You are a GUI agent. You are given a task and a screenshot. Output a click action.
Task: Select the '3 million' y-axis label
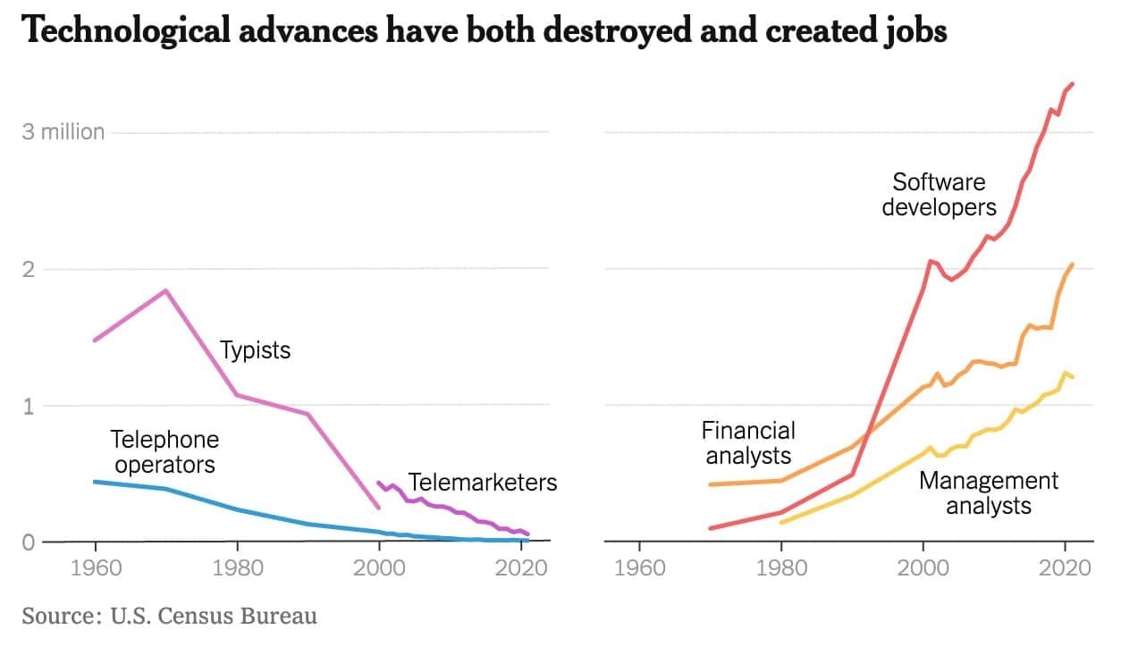click(x=63, y=132)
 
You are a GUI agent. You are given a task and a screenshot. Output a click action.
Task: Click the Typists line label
click(x=256, y=349)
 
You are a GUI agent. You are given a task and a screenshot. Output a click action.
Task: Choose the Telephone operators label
click(x=164, y=452)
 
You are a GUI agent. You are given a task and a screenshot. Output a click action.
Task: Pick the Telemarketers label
click(x=483, y=483)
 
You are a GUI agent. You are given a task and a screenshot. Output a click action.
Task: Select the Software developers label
click(x=939, y=195)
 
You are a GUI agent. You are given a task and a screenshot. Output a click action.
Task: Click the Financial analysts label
click(x=748, y=442)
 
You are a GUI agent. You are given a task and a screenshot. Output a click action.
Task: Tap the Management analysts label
click(x=989, y=493)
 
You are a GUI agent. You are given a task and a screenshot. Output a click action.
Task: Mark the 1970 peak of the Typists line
click(x=165, y=290)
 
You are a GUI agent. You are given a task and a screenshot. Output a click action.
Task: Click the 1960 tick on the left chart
click(x=94, y=568)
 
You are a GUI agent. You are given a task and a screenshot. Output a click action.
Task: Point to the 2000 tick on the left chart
click(x=380, y=568)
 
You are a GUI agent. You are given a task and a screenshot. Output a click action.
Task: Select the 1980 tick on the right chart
click(x=781, y=568)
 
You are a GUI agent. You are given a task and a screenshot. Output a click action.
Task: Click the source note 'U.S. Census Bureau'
click(x=214, y=616)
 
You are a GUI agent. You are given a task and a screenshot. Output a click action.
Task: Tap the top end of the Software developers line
click(x=1072, y=84)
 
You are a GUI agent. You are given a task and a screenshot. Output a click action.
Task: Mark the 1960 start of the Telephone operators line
click(x=95, y=482)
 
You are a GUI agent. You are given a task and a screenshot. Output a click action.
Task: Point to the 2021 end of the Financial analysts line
click(x=1072, y=265)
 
